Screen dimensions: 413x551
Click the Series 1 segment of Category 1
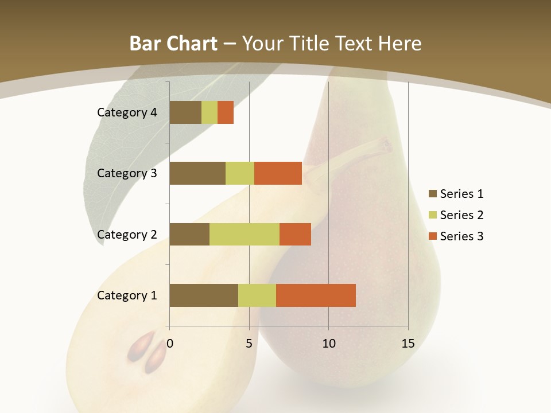point(204,295)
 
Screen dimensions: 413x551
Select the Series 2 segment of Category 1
point(257,295)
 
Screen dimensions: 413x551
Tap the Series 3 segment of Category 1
point(316,295)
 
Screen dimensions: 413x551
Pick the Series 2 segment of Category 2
point(245,234)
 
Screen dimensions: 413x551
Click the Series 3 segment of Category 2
point(295,234)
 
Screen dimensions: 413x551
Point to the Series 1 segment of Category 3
point(197,173)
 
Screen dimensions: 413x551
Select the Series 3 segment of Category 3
point(278,173)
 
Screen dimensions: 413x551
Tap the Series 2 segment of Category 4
point(209,112)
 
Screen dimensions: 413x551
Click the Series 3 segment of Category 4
point(226,112)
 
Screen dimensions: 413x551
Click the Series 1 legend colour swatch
point(432,194)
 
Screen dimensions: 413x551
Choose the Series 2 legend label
point(461,215)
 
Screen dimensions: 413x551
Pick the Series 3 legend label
point(461,236)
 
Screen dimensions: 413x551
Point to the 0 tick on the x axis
point(170,344)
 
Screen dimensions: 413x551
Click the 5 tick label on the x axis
point(249,344)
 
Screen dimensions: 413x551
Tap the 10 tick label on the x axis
point(328,344)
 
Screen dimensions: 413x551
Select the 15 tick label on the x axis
point(408,344)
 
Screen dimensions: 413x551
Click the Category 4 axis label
point(127,112)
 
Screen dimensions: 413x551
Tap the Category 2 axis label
point(127,234)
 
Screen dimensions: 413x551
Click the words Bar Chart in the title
point(173,44)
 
